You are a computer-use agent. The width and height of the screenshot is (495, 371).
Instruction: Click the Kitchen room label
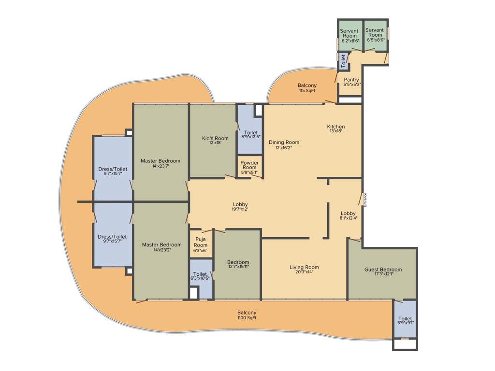coord(336,127)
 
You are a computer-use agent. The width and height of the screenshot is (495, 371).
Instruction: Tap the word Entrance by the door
coord(365,200)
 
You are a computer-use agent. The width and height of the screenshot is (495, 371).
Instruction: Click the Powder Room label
coord(249,165)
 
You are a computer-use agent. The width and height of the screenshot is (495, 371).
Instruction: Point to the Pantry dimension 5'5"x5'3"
coord(352,85)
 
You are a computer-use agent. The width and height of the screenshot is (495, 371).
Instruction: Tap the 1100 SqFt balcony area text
coord(247,318)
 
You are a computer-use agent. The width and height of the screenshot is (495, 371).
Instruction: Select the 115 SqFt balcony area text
coord(307,91)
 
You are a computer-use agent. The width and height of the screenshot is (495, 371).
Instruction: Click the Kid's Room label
coord(215,138)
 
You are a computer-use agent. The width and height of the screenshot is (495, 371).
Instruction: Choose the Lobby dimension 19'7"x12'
coord(240,210)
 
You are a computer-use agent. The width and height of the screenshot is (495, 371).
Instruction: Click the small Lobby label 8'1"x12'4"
coord(348,218)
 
